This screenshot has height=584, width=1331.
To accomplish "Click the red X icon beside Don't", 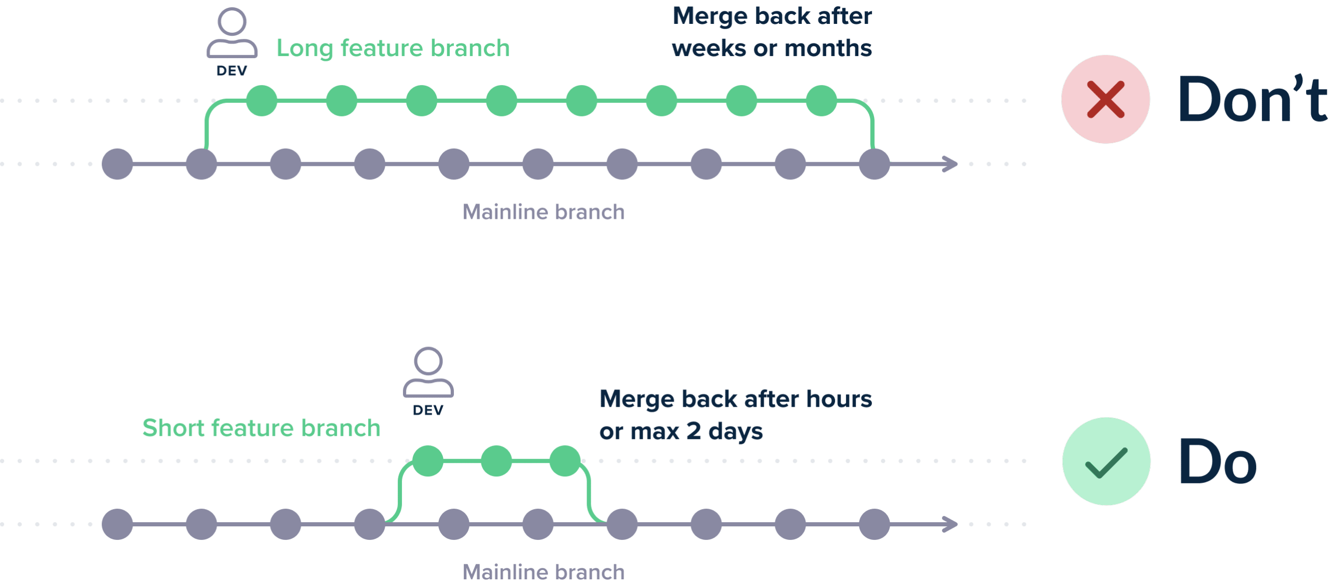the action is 1105,99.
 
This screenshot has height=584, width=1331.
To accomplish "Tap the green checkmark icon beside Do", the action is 1106,461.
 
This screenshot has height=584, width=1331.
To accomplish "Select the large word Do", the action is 1218,461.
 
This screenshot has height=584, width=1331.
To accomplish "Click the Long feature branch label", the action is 393,48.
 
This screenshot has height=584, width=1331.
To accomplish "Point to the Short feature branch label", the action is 262,428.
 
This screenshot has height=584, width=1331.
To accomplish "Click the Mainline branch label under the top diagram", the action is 543,212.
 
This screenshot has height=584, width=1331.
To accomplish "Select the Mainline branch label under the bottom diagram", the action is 543,572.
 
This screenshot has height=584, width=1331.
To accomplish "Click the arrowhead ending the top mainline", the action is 951,164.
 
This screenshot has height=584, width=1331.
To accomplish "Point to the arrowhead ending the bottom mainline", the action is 951,524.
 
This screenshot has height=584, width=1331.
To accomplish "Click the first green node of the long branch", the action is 262,101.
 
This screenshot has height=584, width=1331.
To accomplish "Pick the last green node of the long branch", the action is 821,101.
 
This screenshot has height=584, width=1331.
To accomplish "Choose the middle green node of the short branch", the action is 497,461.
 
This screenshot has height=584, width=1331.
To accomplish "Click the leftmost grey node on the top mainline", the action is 118,164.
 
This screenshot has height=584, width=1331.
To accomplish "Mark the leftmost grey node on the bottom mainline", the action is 118,524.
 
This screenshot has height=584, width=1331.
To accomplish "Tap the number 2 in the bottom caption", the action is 694,431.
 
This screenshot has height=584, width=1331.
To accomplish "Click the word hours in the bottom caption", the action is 839,399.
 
